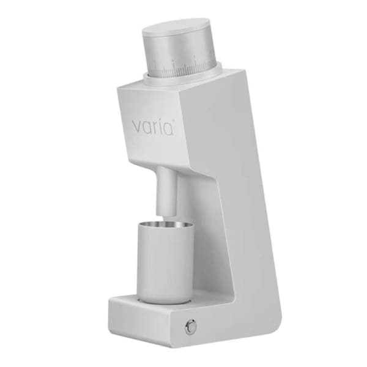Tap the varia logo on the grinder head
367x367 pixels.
153,127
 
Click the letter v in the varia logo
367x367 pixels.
138,128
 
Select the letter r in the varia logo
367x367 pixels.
157,127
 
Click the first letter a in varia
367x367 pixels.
148,128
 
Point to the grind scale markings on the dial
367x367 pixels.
183,64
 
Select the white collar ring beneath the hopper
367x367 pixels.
183,78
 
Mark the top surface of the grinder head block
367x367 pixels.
177,86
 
